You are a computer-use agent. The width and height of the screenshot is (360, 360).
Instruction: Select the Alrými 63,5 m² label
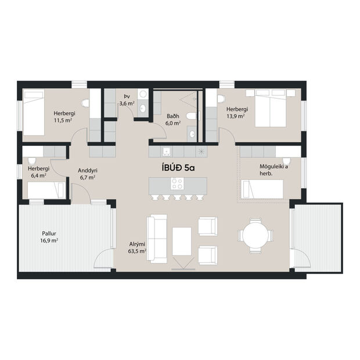pos(138,249)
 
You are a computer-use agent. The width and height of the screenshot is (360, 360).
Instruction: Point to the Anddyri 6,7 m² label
pos(88,174)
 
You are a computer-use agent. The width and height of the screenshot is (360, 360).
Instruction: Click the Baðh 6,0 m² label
pos(173,119)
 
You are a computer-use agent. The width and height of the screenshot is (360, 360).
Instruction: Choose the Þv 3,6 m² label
pos(127,100)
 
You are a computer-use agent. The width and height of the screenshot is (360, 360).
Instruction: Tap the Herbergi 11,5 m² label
pos(62,117)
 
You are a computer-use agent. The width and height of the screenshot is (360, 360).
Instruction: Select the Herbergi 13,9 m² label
pos(237,113)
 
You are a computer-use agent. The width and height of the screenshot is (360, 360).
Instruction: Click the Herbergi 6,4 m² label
pos(38,171)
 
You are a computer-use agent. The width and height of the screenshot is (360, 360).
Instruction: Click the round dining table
pos(255,236)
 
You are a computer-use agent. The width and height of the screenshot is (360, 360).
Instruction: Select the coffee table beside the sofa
pos(182,241)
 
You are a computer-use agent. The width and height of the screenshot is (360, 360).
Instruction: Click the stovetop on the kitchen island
pos(177,184)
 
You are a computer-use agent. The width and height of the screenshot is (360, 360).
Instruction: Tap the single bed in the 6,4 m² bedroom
pos(46,190)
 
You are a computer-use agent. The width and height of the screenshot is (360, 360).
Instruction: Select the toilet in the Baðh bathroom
pos(193,116)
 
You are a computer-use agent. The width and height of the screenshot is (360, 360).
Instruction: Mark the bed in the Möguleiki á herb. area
pos(262,189)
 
